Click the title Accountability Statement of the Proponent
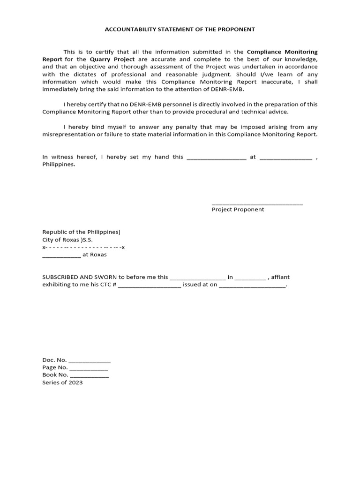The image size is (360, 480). pyautogui.click(x=180, y=29)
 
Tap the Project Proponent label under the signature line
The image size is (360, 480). pyautogui.click(x=238, y=210)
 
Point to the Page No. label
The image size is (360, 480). pyautogui.click(x=55, y=367)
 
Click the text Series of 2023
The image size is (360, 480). pyautogui.click(x=62, y=382)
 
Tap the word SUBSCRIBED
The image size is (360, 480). pyautogui.click(x=61, y=277)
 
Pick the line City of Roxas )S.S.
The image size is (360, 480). pyautogui.click(x=67, y=240)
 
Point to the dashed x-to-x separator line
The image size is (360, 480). pyautogui.click(x=83, y=247)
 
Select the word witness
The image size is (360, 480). pyautogui.click(x=64, y=157)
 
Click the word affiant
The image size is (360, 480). pyautogui.click(x=280, y=277)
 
